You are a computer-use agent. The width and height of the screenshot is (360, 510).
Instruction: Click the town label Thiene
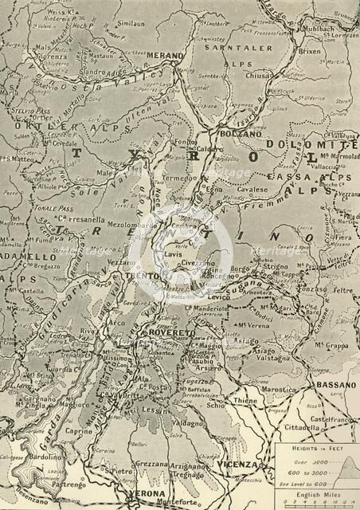point(245,401)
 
